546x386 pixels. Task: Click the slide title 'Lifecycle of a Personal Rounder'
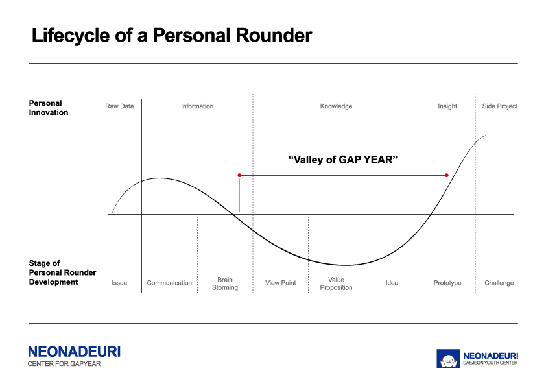pos(172,36)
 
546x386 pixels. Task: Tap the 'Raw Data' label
pos(119,106)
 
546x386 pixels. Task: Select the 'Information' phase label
pos(197,106)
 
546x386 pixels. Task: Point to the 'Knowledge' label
pos(336,106)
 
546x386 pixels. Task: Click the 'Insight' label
pos(447,106)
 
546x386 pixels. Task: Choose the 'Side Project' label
pos(500,106)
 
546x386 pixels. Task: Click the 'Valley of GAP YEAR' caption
pos(343,160)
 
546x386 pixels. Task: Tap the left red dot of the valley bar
pos(239,175)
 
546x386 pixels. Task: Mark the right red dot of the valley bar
pos(447,175)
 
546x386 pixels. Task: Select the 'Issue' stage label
pos(119,283)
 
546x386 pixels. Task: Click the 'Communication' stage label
pos(169,283)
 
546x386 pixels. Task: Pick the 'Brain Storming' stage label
pos(225,283)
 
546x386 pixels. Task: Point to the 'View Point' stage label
pos(280,283)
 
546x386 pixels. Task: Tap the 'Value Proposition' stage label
pos(336,283)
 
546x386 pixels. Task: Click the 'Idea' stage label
pos(392,283)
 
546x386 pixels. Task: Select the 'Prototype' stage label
pos(447,283)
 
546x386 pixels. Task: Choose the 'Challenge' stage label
pos(499,283)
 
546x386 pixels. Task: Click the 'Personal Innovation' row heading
pos(49,108)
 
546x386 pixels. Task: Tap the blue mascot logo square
pos(448,359)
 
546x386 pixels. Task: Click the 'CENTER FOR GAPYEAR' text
pos(64,364)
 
